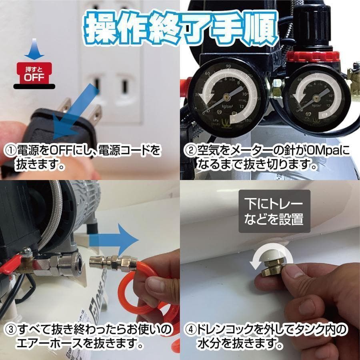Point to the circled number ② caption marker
[x=190, y=151]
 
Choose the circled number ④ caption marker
[x=190, y=330]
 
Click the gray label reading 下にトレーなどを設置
[x=274, y=211]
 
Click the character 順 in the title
[x=259, y=28]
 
